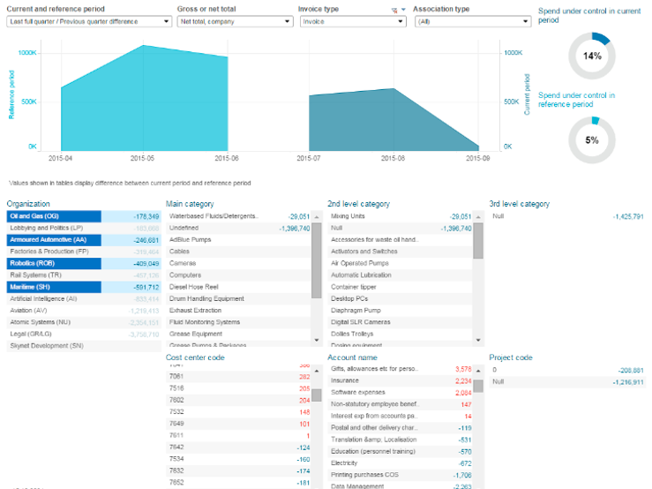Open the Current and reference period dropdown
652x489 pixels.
point(88,21)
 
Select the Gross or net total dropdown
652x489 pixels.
point(234,21)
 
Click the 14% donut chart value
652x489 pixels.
point(591,56)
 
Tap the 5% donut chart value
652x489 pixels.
point(591,139)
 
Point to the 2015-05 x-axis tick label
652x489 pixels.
point(143,158)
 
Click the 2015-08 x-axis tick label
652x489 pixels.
point(394,158)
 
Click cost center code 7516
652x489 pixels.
point(177,387)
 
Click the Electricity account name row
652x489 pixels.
point(346,463)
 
